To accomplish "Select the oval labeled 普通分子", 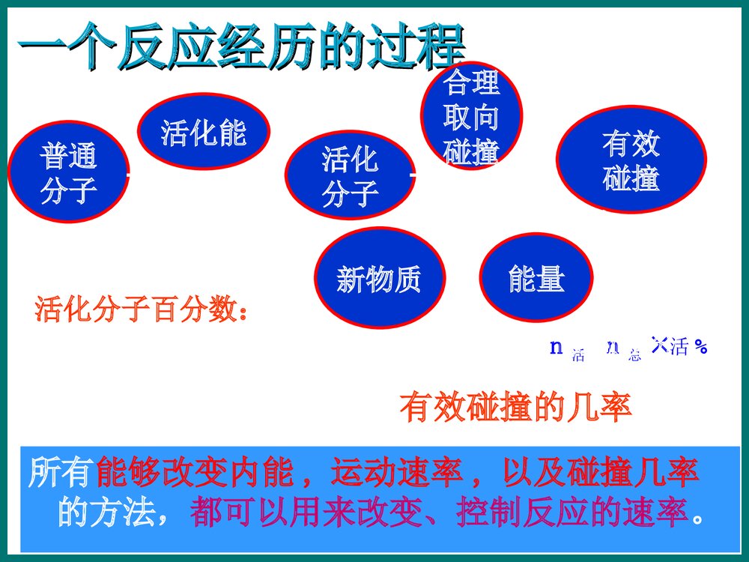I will click(68, 173).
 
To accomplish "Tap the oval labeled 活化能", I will click(203, 132).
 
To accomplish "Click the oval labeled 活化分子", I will click(350, 176).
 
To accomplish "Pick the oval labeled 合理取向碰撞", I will click(471, 117).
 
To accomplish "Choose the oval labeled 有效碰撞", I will click(631, 160).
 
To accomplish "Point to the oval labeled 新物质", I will click(379, 279).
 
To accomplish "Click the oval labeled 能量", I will click(536, 278).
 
